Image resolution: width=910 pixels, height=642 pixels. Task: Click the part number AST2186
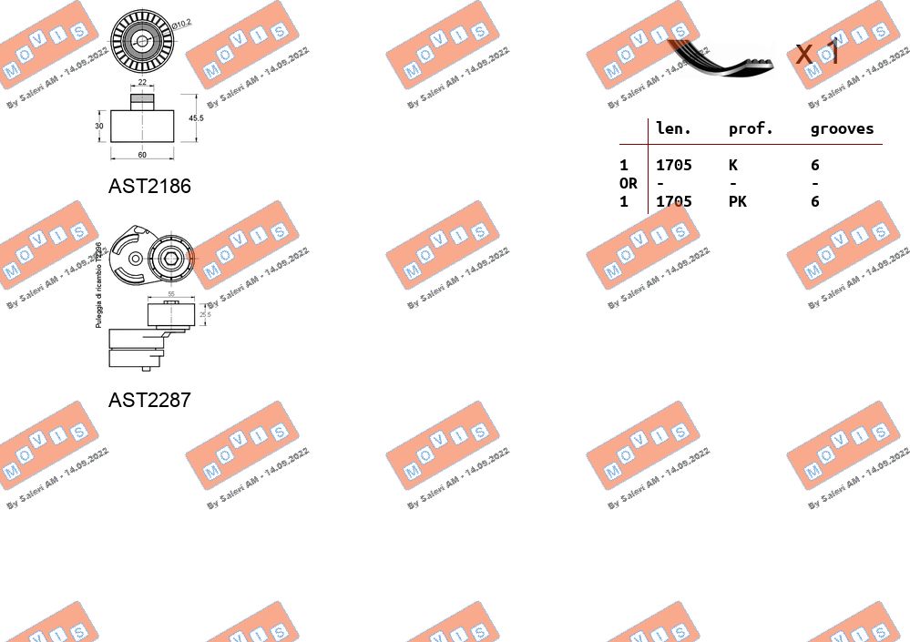point(149,186)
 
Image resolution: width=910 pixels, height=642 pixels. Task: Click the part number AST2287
point(149,400)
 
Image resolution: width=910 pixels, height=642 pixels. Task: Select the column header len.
point(673,129)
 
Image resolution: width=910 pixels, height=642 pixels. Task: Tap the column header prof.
point(751,129)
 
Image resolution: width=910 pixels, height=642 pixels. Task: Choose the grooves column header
point(842,129)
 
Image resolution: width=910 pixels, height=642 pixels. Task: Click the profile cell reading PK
point(737,202)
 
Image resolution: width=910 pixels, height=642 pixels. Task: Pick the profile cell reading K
point(732,166)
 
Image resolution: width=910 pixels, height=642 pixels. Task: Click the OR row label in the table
point(628,184)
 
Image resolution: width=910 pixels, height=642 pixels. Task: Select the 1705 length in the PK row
point(673,202)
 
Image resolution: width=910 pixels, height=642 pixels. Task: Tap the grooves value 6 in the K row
point(814,166)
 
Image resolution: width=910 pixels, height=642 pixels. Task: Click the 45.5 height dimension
point(196,118)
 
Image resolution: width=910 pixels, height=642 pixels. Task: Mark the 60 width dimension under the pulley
point(142,155)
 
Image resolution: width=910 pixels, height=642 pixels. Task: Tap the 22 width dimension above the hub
point(142,83)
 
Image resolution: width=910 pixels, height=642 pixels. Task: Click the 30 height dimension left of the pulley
point(99,127)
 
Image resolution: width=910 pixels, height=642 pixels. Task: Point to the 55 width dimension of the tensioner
point(171,294)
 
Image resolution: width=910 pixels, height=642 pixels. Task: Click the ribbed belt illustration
point(720,56)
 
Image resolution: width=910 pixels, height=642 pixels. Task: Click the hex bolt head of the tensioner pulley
point(170,256)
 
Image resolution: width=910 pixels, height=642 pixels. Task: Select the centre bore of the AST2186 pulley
point(141,40)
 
